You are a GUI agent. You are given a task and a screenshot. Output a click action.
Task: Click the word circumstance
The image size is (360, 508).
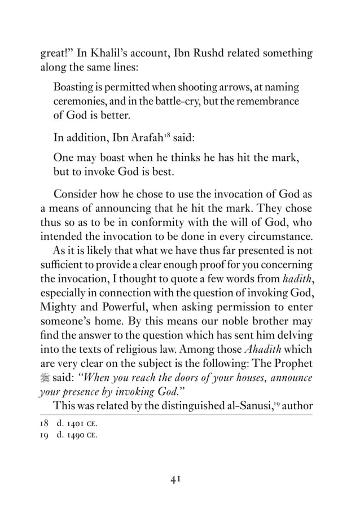[283, 237]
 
